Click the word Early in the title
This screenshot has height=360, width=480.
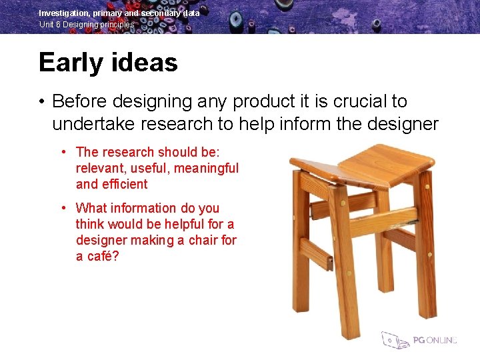68,63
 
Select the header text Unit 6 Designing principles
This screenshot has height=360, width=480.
87,25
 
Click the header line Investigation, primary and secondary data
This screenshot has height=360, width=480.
119,13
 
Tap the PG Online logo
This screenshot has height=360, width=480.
419,340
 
